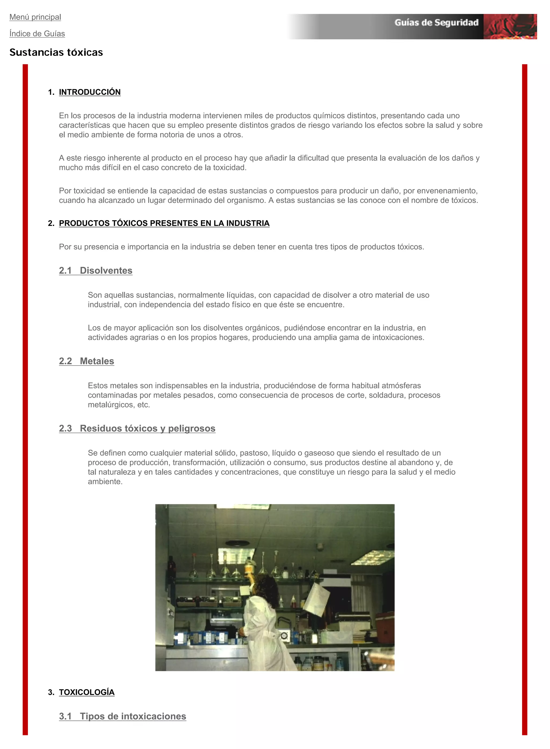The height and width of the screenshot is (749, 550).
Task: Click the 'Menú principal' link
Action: tap(35, 17)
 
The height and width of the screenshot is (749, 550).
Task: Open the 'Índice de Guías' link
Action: tap(37, 34)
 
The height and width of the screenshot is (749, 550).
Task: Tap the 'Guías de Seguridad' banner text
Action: tap(436, 23)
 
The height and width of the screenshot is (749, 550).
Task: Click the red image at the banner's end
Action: tap(510, 27)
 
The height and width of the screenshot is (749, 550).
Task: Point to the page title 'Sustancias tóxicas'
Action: tap(56, 52)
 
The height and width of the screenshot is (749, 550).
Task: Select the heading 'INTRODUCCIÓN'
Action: tap(89, 92)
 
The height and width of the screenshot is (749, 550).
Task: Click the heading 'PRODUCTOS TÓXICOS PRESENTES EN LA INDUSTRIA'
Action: tap(164, 223)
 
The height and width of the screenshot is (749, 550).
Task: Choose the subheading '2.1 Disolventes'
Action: tap(96, 271)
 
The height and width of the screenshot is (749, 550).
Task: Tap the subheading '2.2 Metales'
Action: tap(86, 361)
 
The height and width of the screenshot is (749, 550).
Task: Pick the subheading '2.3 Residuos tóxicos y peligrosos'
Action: tap(137, 428)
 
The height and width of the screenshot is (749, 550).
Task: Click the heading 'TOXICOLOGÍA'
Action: tap(86, 692)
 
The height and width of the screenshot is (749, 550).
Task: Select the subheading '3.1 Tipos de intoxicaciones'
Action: tap(122, 716)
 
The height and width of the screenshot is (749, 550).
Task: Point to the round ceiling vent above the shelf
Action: tap(237, 543)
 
